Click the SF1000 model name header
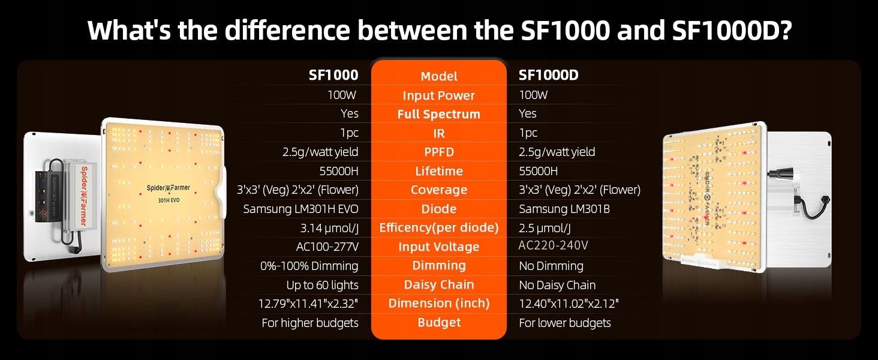333,75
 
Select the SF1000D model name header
548,75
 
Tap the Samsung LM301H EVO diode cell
300,209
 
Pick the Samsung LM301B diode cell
564,209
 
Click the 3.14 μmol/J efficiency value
329,228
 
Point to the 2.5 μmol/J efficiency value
545,228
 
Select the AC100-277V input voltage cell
327,247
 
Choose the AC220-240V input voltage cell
553,245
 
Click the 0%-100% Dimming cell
309,266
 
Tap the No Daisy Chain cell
557,285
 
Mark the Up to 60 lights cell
322,285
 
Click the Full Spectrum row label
438,114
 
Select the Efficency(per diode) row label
438,228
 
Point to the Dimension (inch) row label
438,303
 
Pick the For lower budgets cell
565,323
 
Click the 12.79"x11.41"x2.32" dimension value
308,304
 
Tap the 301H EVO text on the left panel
169,200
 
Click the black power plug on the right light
780,173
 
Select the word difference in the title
287,30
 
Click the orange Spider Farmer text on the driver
84,196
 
